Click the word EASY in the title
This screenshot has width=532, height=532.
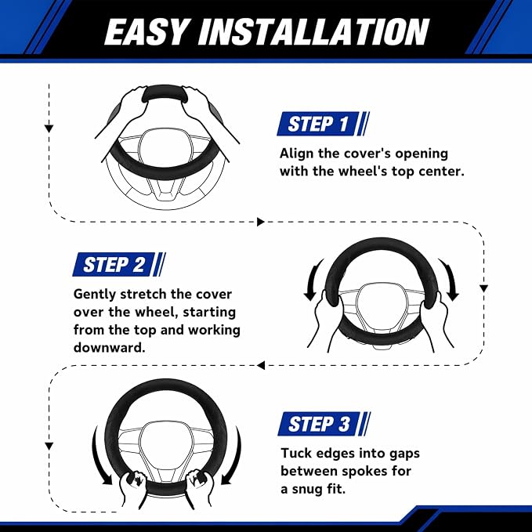point(146,31)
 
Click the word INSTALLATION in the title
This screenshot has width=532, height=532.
point(314,31)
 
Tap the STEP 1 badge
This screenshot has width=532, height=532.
point(323,124)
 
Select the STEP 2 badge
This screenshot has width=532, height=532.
point(119,264)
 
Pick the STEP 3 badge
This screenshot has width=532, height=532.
point(324,424)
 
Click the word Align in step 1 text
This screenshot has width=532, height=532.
point(296,154)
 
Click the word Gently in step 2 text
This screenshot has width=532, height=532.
point(95,295)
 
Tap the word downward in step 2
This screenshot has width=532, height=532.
point(109,347)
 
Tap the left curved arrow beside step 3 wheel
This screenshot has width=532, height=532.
point(99,456)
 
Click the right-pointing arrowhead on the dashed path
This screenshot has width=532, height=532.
point(261,222)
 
